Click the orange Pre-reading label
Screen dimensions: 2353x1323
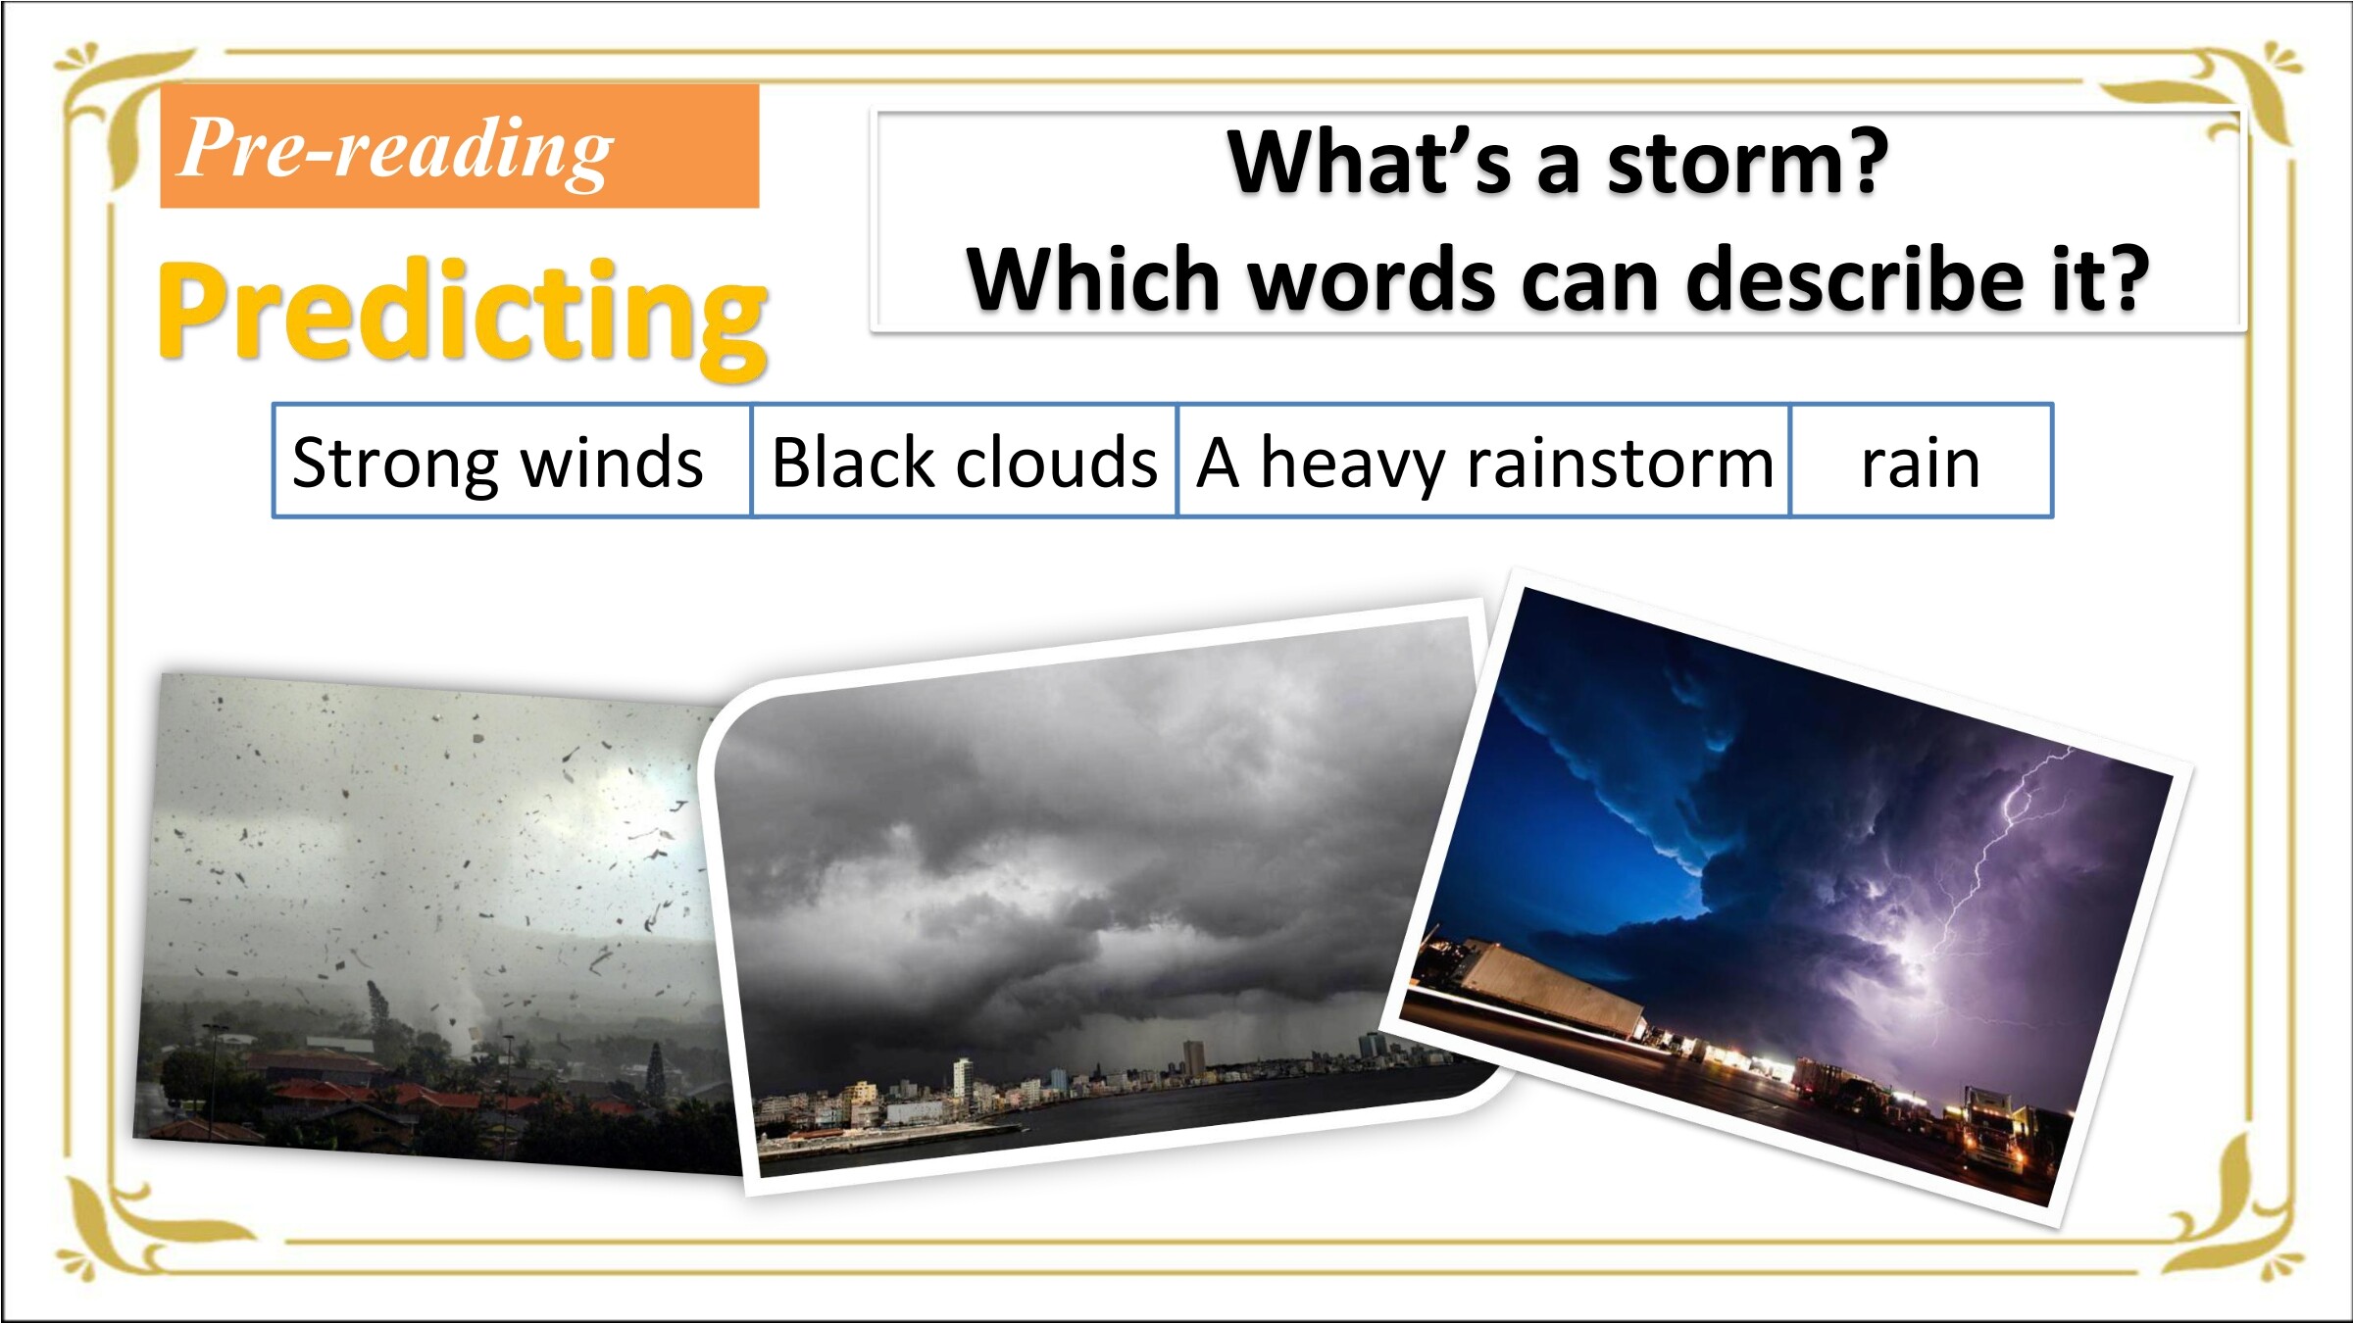coord(460,146)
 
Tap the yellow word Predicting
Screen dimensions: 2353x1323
coord(463,316)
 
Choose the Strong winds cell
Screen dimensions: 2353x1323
coord(513,461)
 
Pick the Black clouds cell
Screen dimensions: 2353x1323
coord(965,461)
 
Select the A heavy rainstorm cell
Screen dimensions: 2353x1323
coord(1484,461)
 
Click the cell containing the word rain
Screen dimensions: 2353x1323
coord(1922,461)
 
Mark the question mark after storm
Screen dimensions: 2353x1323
coord(1866,161)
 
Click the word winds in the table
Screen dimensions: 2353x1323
coord(612,462)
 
